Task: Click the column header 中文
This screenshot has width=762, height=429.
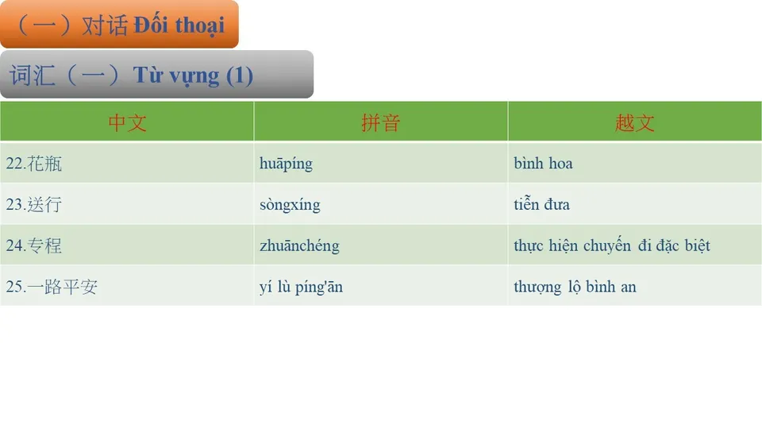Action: pyautogui.click(x=127, y=122)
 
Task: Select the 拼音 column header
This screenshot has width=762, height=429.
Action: pyautogui.click(x=380, y=122)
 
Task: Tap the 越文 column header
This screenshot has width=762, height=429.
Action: pyautogui.click(x=634, y=122)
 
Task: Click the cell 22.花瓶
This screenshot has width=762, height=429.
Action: pyautogui.click(x=34, y=164)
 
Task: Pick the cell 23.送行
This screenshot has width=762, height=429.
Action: pyautogui.click(x=34, y=205)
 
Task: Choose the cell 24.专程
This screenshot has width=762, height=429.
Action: pyautogui.click(x=34, y=246)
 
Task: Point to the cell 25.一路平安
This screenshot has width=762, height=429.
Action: pyautogui.click(x=52, y=287)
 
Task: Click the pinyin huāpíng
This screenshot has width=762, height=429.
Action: pyautogui.click(x=286, y=164)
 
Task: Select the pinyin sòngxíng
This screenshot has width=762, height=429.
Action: pyautogui.click(x=290, y=205)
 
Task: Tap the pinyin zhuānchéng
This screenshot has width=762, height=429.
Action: pyautogui.click(x=299, y=246)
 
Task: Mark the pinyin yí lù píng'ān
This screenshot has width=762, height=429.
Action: pyautogui.click(x=301, y=287)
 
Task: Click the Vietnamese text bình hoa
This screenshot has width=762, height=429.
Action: pyautogui.click(x=543, y=164)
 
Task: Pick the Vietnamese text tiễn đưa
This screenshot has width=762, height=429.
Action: pyautogui.click(x=541, y=205)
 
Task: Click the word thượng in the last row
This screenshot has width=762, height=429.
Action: pyautogui.click(x=537, y=287)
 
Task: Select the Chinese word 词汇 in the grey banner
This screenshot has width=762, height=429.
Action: pyautogui.click(x=33, y=75)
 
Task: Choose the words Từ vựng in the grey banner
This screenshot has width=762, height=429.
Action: pyautogui.click(x=176, y=75)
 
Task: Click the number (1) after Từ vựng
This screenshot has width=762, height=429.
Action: pyautogui.click(x=240, y=75)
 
